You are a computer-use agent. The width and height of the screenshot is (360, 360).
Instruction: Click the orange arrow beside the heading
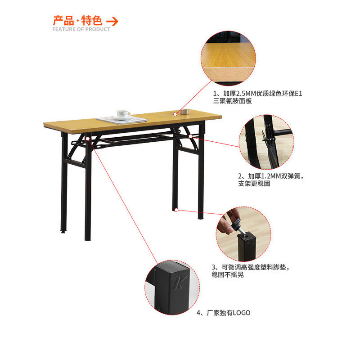(x=112, y=22)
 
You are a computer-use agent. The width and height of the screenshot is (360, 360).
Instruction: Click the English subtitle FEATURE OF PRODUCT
(x=81, y=29)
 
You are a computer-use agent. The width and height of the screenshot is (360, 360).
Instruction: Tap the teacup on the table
(x=123, y=114)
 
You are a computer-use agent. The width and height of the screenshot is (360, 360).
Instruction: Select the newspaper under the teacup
(x=122, y=120)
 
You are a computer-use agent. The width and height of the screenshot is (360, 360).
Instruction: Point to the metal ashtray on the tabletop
(x=184, y=112)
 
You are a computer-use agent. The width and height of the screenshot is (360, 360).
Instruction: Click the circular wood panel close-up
(x=229, y=58)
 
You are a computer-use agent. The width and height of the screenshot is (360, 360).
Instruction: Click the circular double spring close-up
(x=266, y=142)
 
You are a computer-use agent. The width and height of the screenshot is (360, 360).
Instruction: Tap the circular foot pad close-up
(x=243, y=234)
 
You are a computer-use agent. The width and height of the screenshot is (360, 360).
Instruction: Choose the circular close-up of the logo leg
(x=172, y=288)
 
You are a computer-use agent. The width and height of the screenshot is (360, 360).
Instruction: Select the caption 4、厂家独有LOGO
(x=223, y=313)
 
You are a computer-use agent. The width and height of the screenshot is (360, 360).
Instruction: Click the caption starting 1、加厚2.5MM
(x=258, y=97)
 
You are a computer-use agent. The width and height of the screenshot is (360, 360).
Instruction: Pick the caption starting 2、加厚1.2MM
(x=271, y=180)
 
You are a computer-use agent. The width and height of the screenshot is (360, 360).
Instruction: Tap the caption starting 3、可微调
(x=251, y=271)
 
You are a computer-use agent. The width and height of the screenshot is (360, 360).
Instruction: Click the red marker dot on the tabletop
(x=175, y=114)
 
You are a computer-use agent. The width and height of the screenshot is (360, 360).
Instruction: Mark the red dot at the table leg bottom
(x=176, y=210)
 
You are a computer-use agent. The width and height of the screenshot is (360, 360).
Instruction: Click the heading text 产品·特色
(x=77, y=21)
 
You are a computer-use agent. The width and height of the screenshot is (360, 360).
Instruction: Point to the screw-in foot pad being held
(x=238, y=226)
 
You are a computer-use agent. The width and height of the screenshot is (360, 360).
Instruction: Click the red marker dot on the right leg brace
(x=190, y=136)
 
